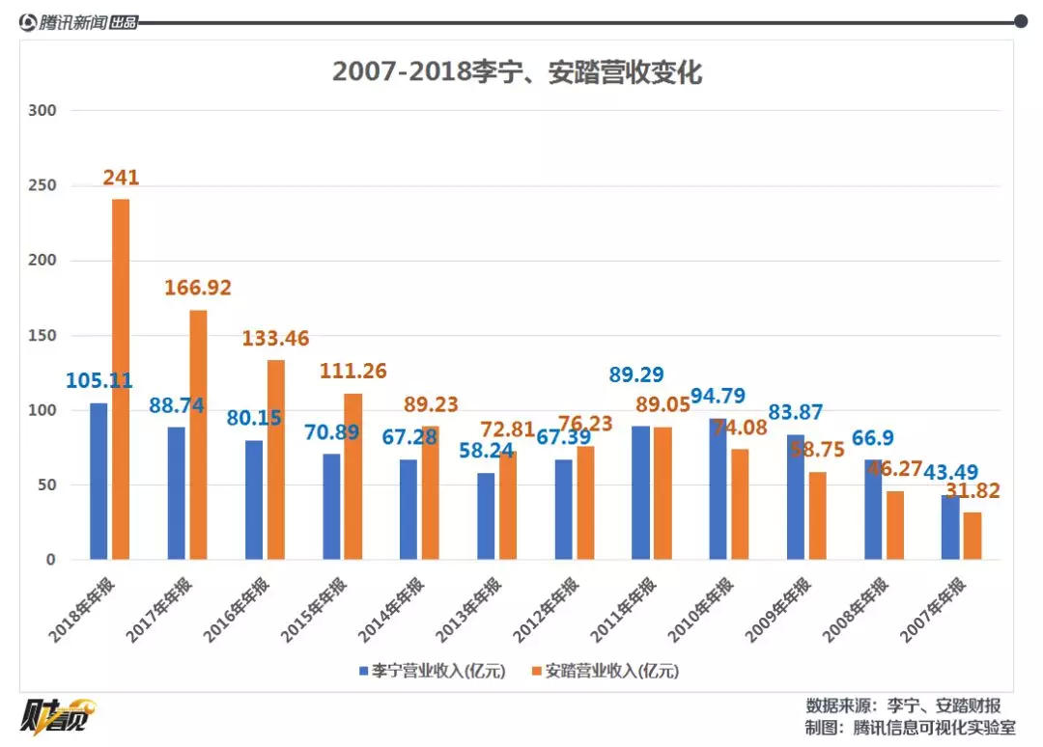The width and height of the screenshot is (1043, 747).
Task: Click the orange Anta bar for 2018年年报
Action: (x=121, y=379)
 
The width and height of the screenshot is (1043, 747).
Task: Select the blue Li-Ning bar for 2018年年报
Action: (x=99, y=481)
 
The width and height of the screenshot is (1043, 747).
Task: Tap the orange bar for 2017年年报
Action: (x=198, y=434)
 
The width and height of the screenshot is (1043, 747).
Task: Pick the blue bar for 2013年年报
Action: (x=486, y=516)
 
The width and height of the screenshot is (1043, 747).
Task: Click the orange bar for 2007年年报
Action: (x=973, y=536)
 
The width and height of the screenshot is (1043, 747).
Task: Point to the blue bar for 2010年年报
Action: (x=718, y=489)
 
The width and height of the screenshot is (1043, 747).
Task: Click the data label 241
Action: (x=122, y=178)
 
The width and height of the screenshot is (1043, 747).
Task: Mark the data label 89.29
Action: (x=635, y=374)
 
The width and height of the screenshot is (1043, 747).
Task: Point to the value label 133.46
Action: (x=274, y=338)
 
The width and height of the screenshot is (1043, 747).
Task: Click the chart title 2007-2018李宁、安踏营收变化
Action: (x=517, y=72)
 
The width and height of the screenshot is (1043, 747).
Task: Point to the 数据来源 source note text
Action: (x=903, y=705)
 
